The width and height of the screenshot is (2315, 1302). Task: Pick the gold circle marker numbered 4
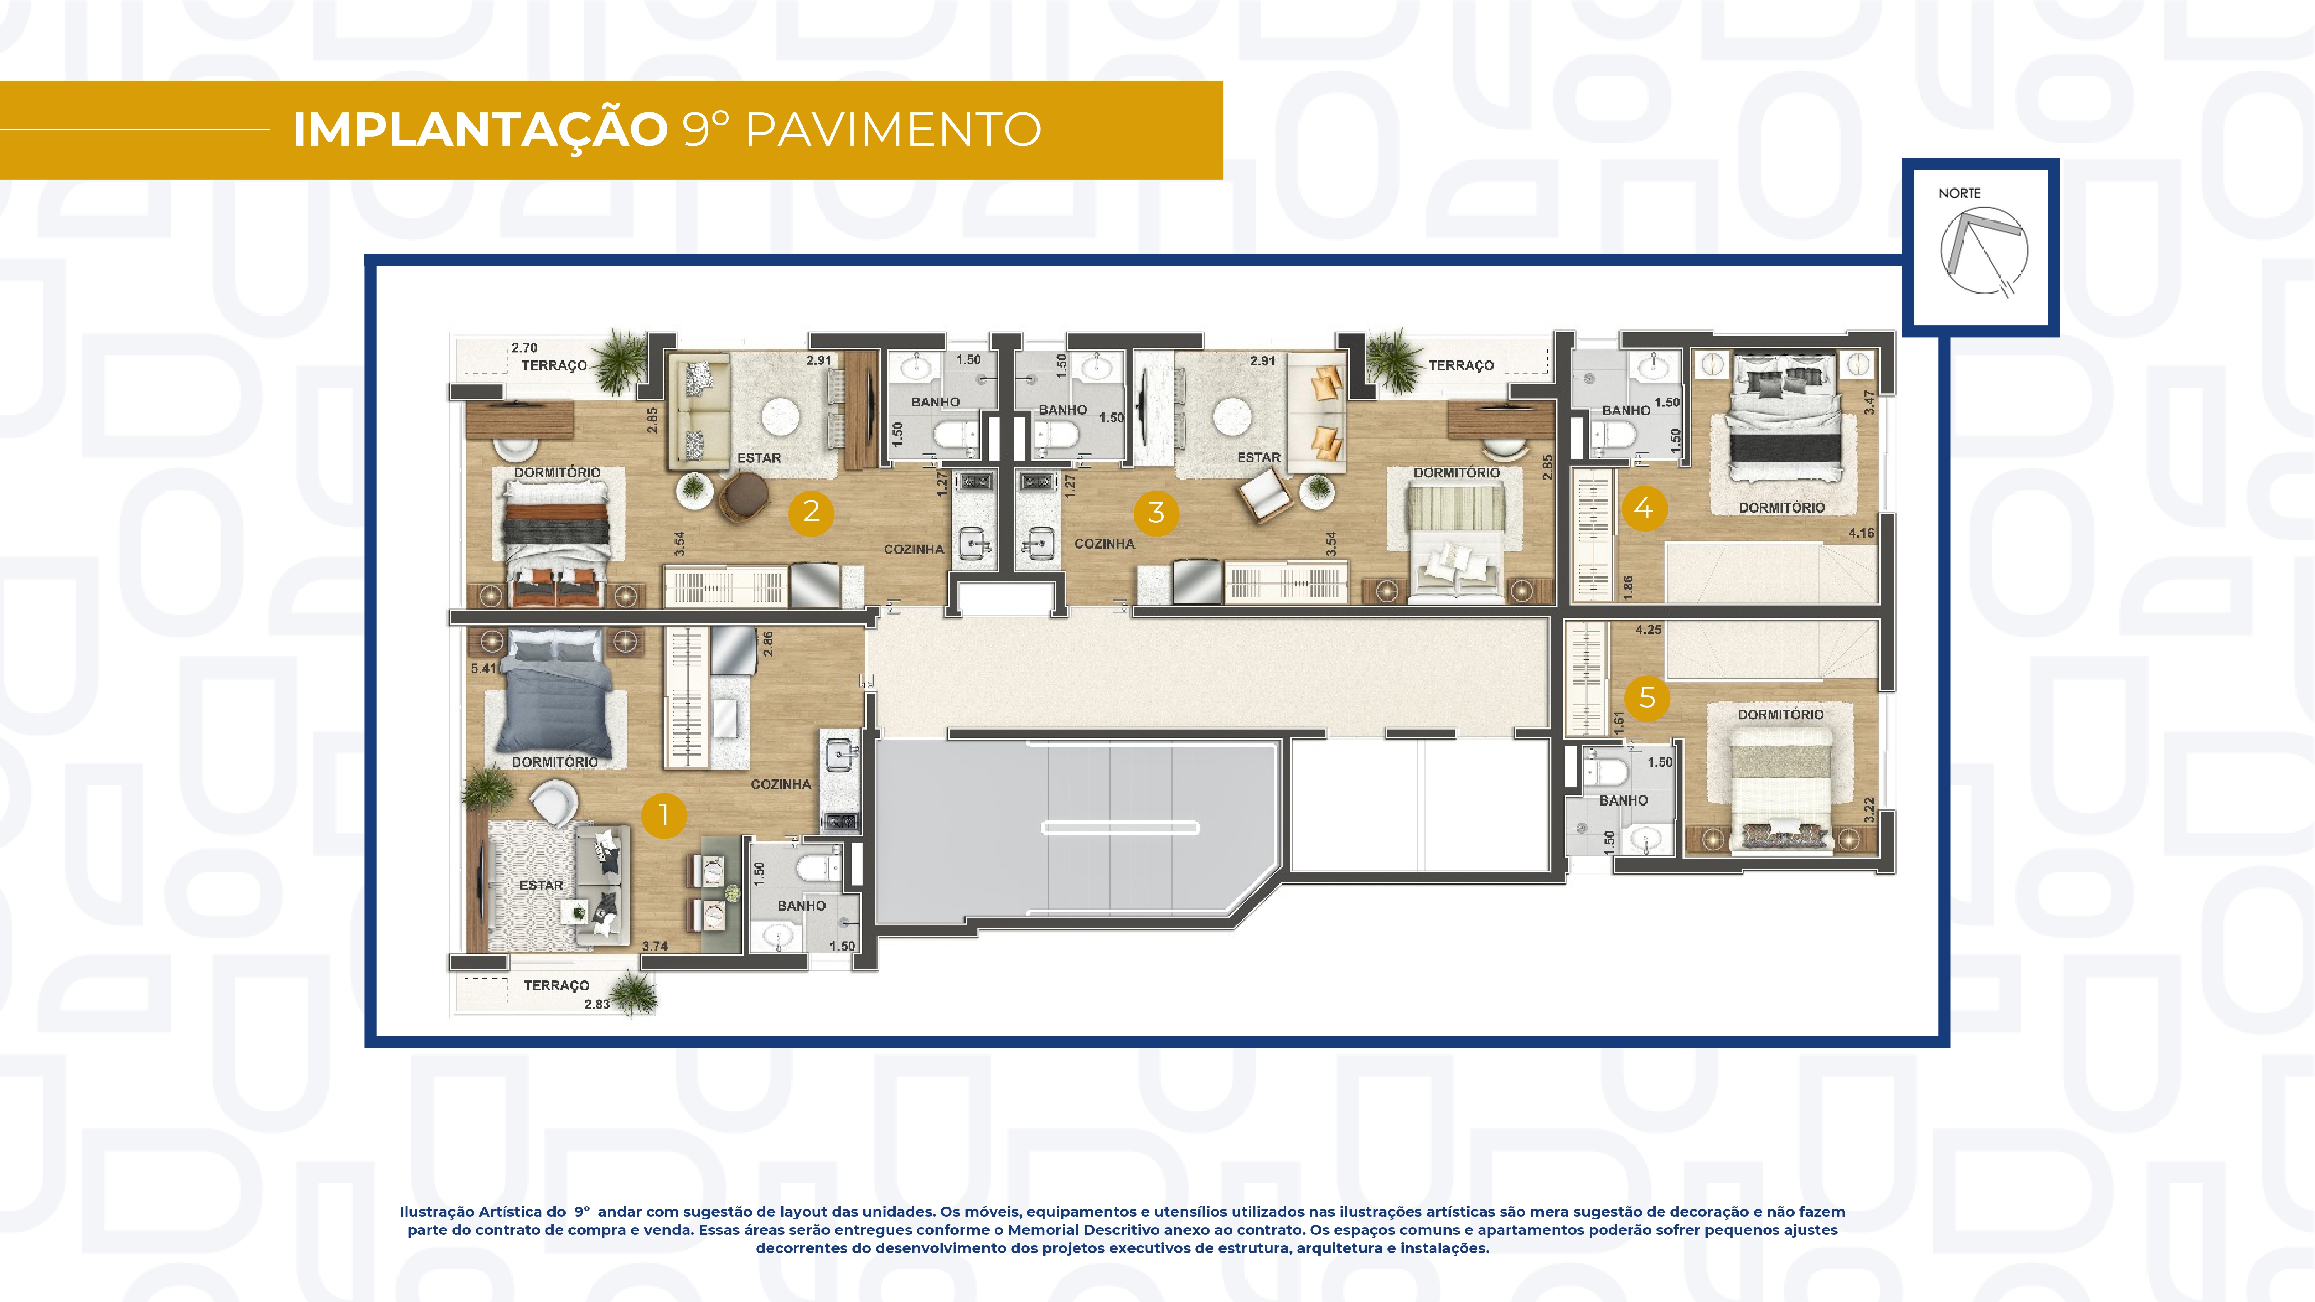click(x=1644, y=508)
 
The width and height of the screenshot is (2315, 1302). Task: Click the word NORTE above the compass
click(x=1959, y=193)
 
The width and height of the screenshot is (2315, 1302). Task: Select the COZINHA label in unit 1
click(x=780, y=784)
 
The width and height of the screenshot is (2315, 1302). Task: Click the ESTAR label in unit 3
click(x=1258, y=458)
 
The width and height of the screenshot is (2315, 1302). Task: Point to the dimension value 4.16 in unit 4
click(x=1861, y=533)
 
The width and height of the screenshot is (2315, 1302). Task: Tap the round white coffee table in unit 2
click(x=780, y=417)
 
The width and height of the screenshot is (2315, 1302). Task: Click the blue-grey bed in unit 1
click(x=554, y=696)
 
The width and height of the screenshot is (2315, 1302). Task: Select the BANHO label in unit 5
click(x=1623, y=800)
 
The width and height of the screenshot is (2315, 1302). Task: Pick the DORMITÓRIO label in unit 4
click(x=1781, y=508)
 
